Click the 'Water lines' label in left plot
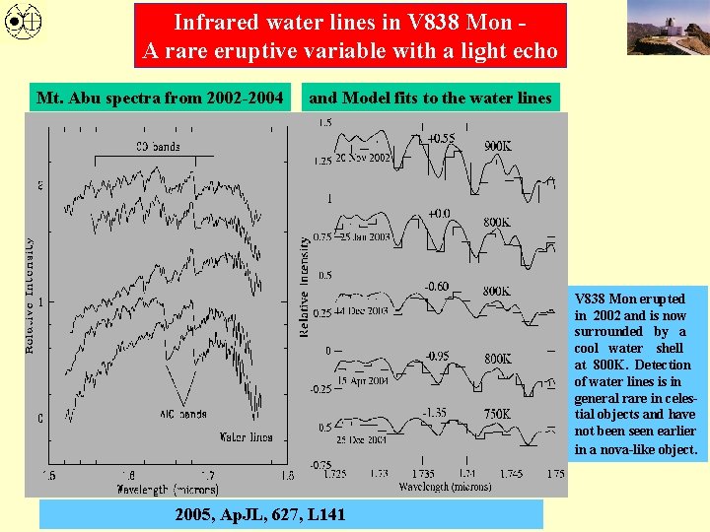click(x=246, y=435)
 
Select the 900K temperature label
click(x=498, y=146)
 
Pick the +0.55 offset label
click(x=441, y=139)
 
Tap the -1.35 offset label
click(x=435, y=413)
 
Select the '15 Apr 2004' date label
click(x=363, y=380)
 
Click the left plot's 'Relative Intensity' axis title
click(x=31, y=296)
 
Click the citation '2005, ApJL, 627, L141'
click(x=260, y=514)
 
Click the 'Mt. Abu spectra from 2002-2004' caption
click(x=160, y=98)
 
